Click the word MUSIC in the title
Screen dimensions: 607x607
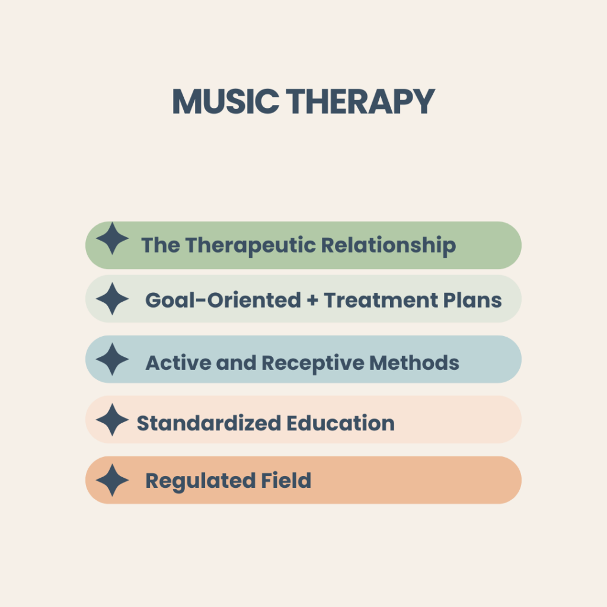coord(226,101)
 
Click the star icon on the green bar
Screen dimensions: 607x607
coord(112,238)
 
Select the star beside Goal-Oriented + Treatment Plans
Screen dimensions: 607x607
coord(112,299)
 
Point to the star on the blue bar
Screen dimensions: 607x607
coord(112,359)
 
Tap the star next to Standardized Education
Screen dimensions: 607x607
coord(112,420)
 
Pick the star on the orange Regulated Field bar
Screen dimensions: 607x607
coord(112,480)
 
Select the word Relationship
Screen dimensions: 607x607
coord(389,246)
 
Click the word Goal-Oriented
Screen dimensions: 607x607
coord(223,301)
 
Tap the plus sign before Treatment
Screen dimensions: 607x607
coord(312,301)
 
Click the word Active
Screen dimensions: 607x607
coord(178,363)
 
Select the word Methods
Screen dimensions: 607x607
coord(414,363)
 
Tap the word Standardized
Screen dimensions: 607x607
coord(209,423)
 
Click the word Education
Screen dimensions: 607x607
coord(341,423)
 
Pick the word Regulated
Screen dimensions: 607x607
coord(200,481)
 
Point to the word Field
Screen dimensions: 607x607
coord(286,480)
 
